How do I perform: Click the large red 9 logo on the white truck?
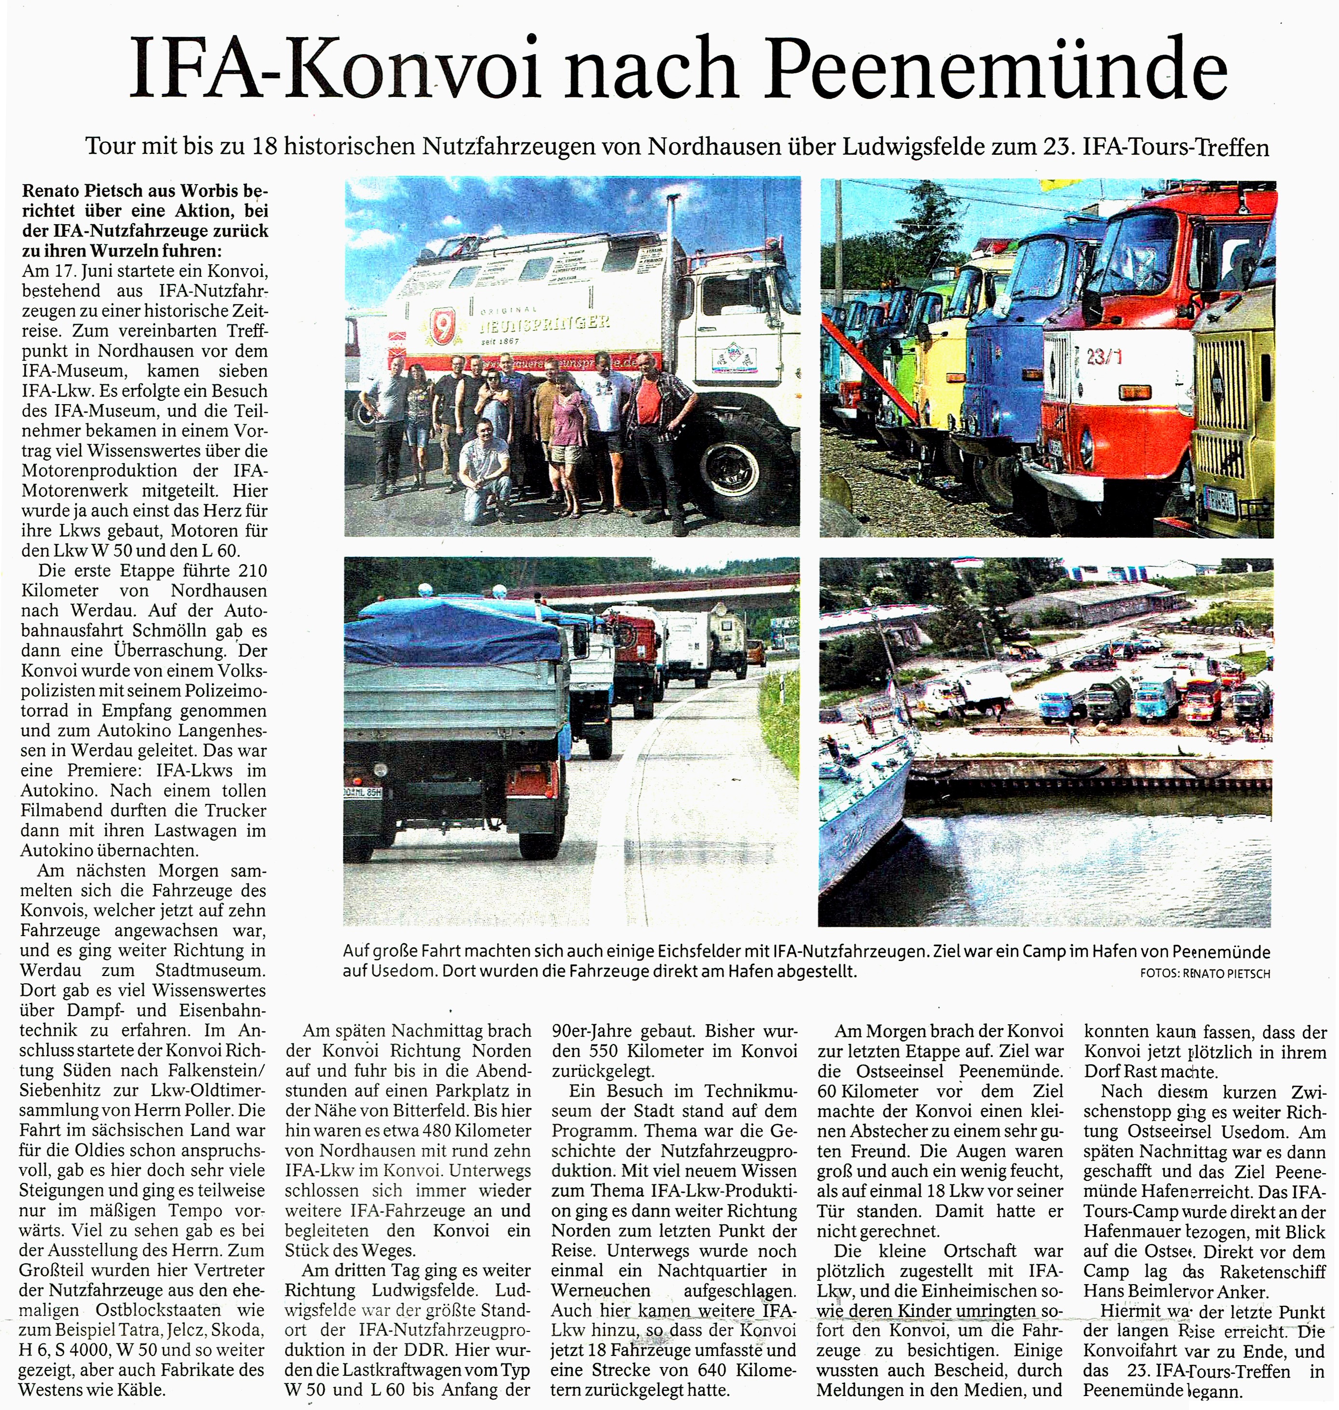click(440, 324)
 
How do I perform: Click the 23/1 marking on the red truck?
click(1104, 356)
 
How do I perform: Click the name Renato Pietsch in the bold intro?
click(83, 191)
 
